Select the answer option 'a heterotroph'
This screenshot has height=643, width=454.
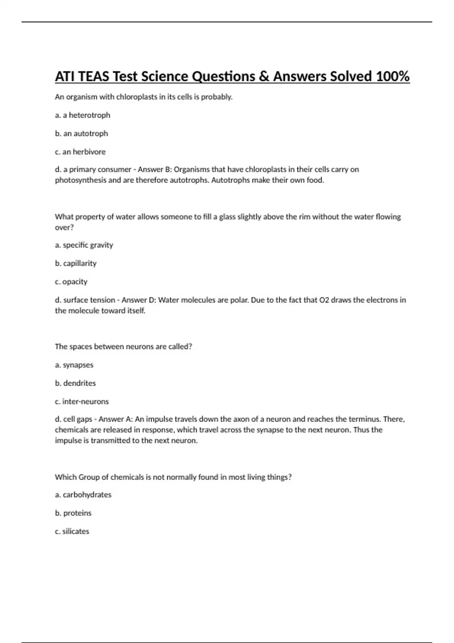coord(86,115)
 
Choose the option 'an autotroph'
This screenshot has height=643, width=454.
coord(86,134)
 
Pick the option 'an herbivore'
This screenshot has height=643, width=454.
coord(84,152)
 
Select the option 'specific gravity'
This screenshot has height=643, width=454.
coord(88,245)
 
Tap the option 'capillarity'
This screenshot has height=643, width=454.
coord(80,263)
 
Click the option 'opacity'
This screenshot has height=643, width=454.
coord(75,282)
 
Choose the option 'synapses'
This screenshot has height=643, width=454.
coord(78,365)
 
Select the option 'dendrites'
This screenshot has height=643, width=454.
coord(79,383)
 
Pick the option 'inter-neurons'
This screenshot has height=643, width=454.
coord(86,401)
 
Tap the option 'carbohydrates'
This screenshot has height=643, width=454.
coord(87,495)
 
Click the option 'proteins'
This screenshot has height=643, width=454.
coord(77,513)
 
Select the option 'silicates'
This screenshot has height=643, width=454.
coord(76,531)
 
